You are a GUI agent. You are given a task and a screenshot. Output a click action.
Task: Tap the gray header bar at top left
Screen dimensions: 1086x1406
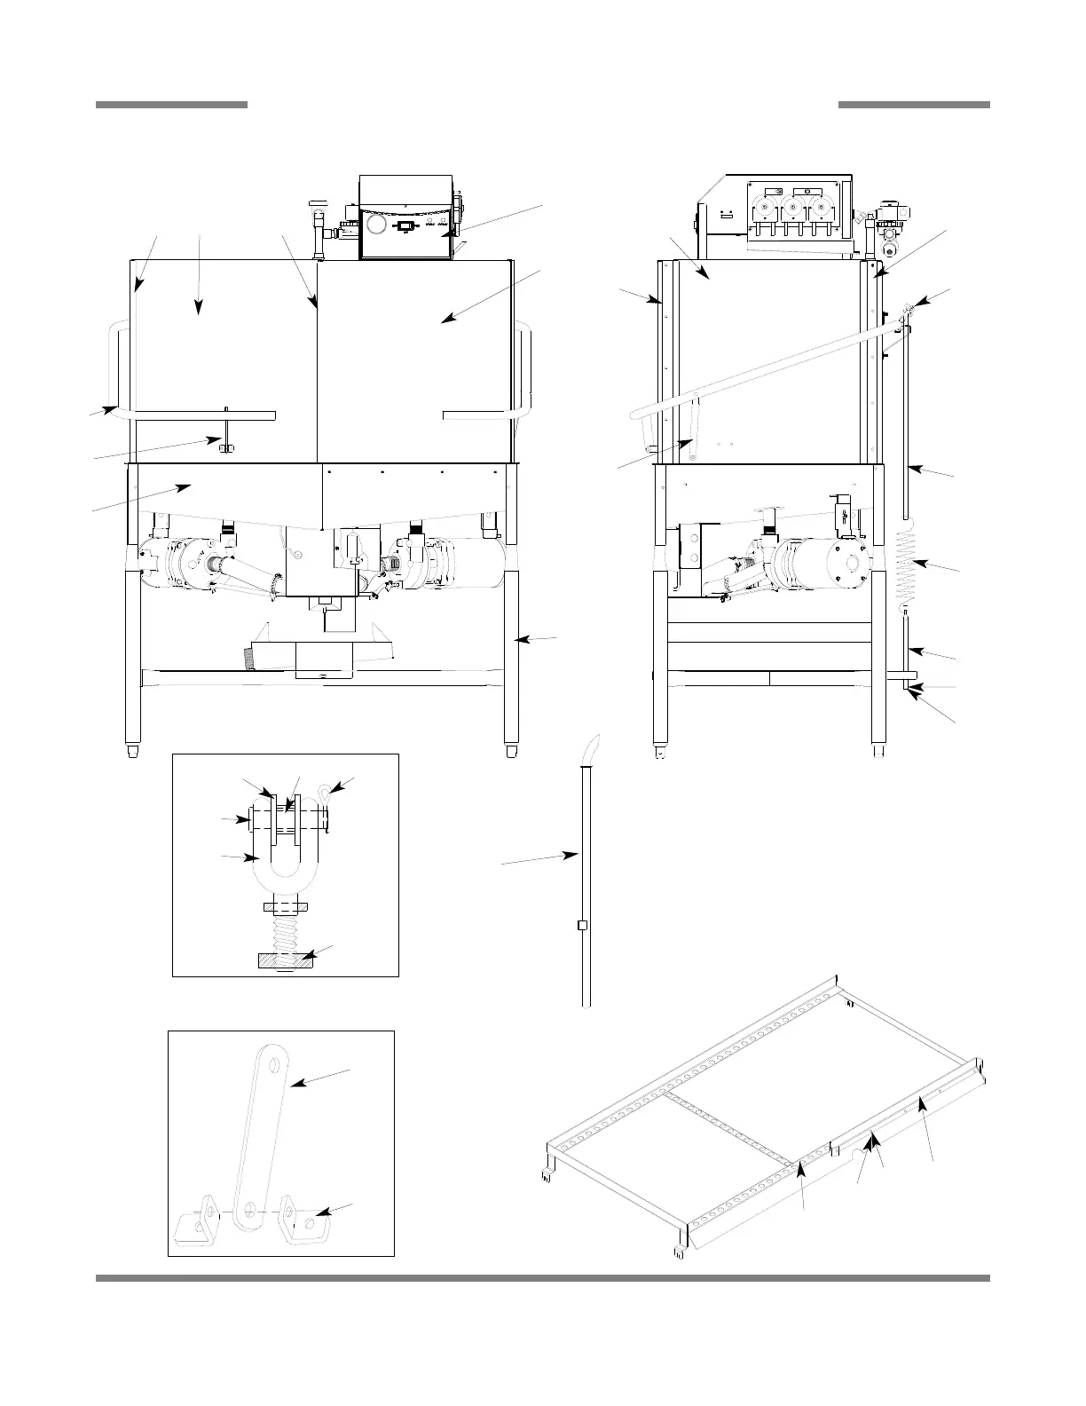[171, 105]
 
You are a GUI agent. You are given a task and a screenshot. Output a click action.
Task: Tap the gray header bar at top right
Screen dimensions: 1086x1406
[914, 105]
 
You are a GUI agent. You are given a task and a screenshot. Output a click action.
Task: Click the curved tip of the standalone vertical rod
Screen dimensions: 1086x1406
[590, 747]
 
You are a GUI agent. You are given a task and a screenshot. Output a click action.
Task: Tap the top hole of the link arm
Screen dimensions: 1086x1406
[274, 1062]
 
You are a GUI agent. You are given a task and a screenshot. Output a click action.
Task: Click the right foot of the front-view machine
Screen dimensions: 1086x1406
[512, 751]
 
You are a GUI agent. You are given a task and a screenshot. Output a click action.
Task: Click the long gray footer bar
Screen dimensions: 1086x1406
[542, 1278]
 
